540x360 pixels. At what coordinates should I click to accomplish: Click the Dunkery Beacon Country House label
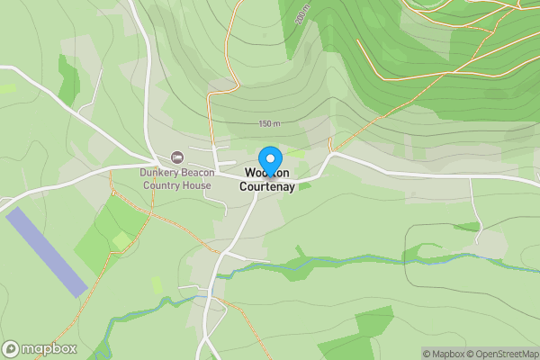pos(175,179)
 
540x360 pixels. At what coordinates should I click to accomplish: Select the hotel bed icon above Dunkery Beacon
pos(175,157)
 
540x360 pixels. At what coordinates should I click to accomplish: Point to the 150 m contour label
pos(269,123)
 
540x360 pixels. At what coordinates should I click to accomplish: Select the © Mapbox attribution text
pos(442,354)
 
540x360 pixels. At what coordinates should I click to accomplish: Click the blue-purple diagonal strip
pos(47,253)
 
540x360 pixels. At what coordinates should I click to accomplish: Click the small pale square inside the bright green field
pos(121,240)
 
